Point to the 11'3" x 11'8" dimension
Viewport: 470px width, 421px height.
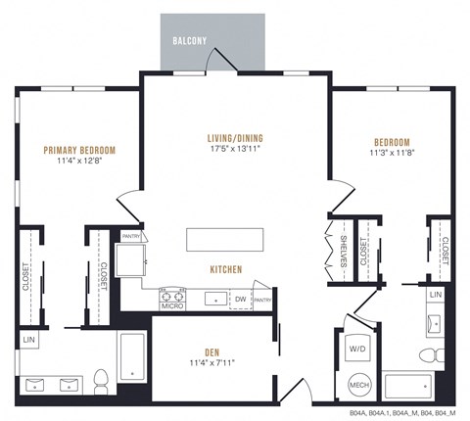click(390, 153)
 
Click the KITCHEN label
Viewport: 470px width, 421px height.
click(225, 268)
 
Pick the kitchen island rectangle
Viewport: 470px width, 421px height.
click(226, 240)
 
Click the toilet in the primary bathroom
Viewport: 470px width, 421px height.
click(100, 377)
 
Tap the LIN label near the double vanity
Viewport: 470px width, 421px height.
click(27, 339)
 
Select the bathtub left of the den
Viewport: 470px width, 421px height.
click(133, 357)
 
